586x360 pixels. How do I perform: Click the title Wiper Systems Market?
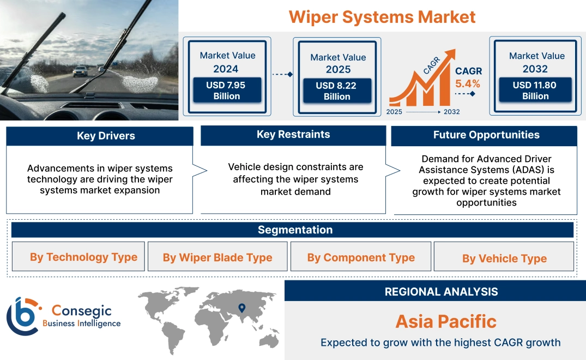[x=382, y=16]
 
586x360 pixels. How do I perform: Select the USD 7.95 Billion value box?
[x=226, y=91]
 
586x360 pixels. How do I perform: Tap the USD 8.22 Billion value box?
[x=337, y=91]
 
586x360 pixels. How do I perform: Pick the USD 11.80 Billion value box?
[x=535, y=91]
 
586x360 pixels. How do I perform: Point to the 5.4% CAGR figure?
[x=468, y=83]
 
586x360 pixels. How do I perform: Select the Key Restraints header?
[x=293, y=135]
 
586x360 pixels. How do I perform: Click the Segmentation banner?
[x=295, y=230]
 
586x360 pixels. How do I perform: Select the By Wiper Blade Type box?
[x=218, y=257]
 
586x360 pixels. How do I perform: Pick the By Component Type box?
[x=360, y=257]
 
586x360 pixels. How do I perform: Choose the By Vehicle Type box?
[x=504, y=258]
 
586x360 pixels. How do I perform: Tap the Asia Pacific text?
[x=446, y=321]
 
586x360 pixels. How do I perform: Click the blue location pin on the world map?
[x=242, y=308]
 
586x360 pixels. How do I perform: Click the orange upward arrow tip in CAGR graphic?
[x=451, y=53]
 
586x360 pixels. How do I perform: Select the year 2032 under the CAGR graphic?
[x=451, y=112]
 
